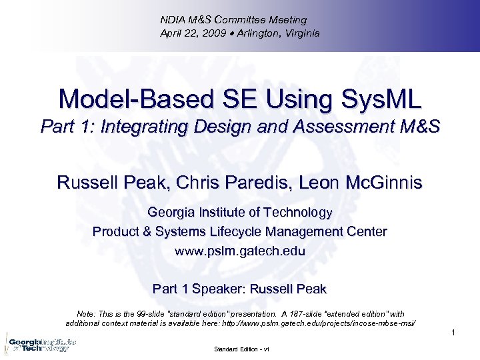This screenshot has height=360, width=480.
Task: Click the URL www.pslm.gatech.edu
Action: [x=239, y=252]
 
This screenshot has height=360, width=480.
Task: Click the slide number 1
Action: [x=452, y=333]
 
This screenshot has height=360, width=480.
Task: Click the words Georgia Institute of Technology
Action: [x=239, y=213]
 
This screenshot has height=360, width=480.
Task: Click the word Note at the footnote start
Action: [x=87, y=313]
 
